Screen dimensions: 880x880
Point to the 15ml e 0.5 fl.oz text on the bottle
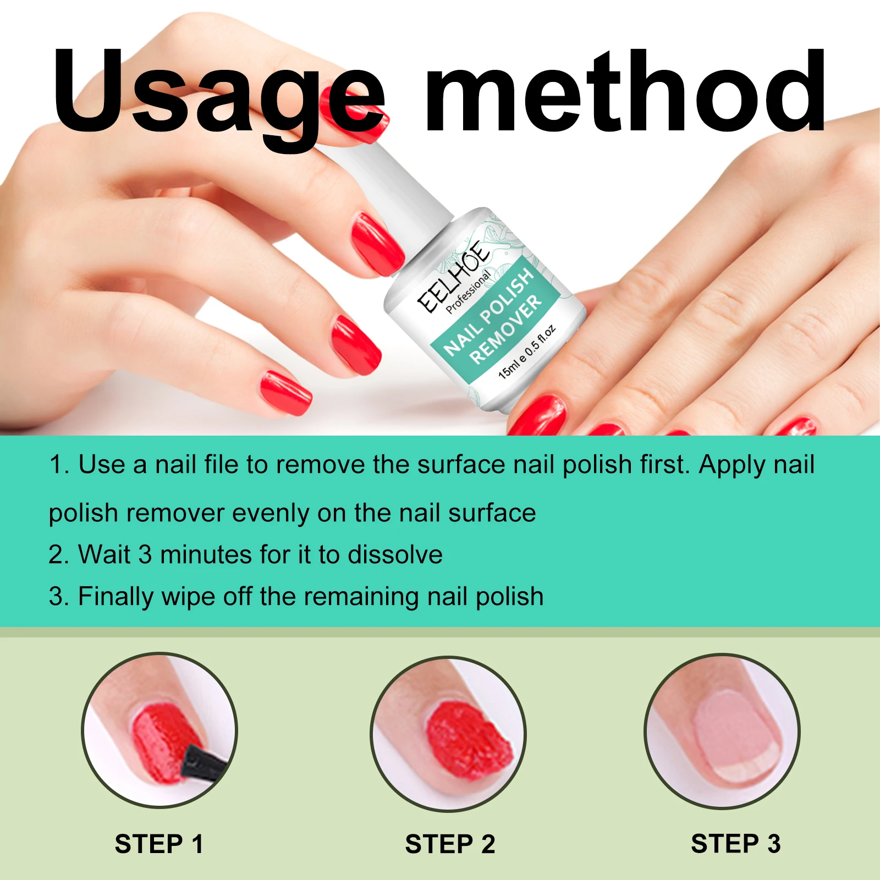526,353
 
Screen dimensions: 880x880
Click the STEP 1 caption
159,844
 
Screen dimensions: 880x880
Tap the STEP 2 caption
450,844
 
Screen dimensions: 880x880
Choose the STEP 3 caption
735,844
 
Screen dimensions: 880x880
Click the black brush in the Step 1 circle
205,762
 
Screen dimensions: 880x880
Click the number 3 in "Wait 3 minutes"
145,554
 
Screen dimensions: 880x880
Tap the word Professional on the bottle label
468,292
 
